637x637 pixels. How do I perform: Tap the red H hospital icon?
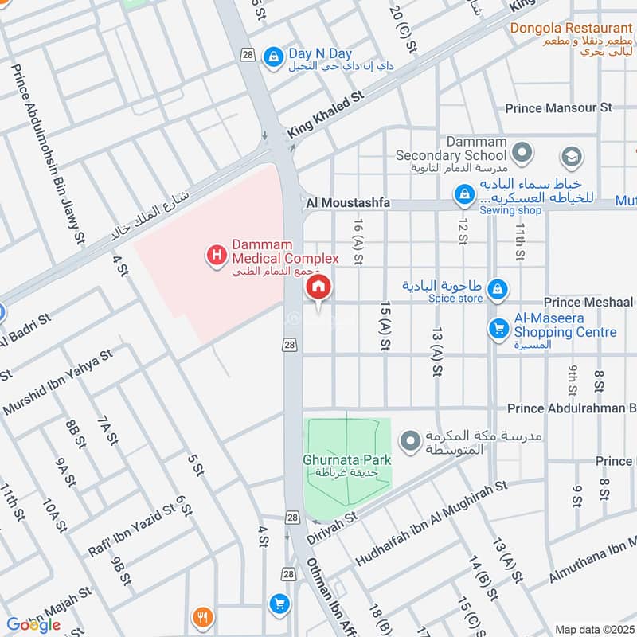(215, 256)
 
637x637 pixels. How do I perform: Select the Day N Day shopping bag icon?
(273, 55)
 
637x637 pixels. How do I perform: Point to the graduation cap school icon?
(571, 157)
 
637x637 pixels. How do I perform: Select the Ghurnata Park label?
(346, 460)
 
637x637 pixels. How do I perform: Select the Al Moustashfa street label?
(348, 204)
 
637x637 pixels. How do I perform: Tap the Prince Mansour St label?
(558, 107)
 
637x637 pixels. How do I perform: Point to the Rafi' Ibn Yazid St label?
(131, 521)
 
